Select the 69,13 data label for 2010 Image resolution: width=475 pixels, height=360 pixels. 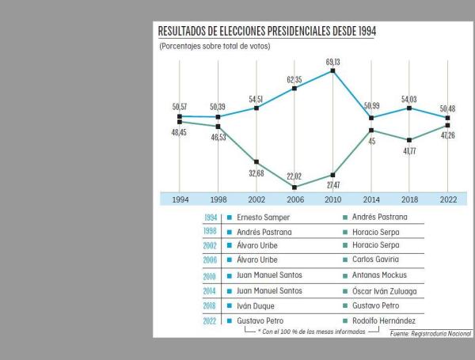[332, 61]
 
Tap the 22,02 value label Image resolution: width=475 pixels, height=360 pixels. [294, 176]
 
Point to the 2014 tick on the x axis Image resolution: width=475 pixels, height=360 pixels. [370, 200]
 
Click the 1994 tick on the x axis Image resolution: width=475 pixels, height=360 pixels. [180, 200]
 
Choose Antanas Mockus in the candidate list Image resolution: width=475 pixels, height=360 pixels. [380, 275]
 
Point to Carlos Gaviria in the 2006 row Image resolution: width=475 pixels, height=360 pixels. [377, 260]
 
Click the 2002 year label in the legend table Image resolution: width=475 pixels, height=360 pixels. [211, 246]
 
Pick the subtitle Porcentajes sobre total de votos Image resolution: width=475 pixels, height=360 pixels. [215, 46]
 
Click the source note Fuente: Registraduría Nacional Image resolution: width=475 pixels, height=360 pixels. [430, 335]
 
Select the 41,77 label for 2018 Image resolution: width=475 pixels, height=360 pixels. [409, 150]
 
